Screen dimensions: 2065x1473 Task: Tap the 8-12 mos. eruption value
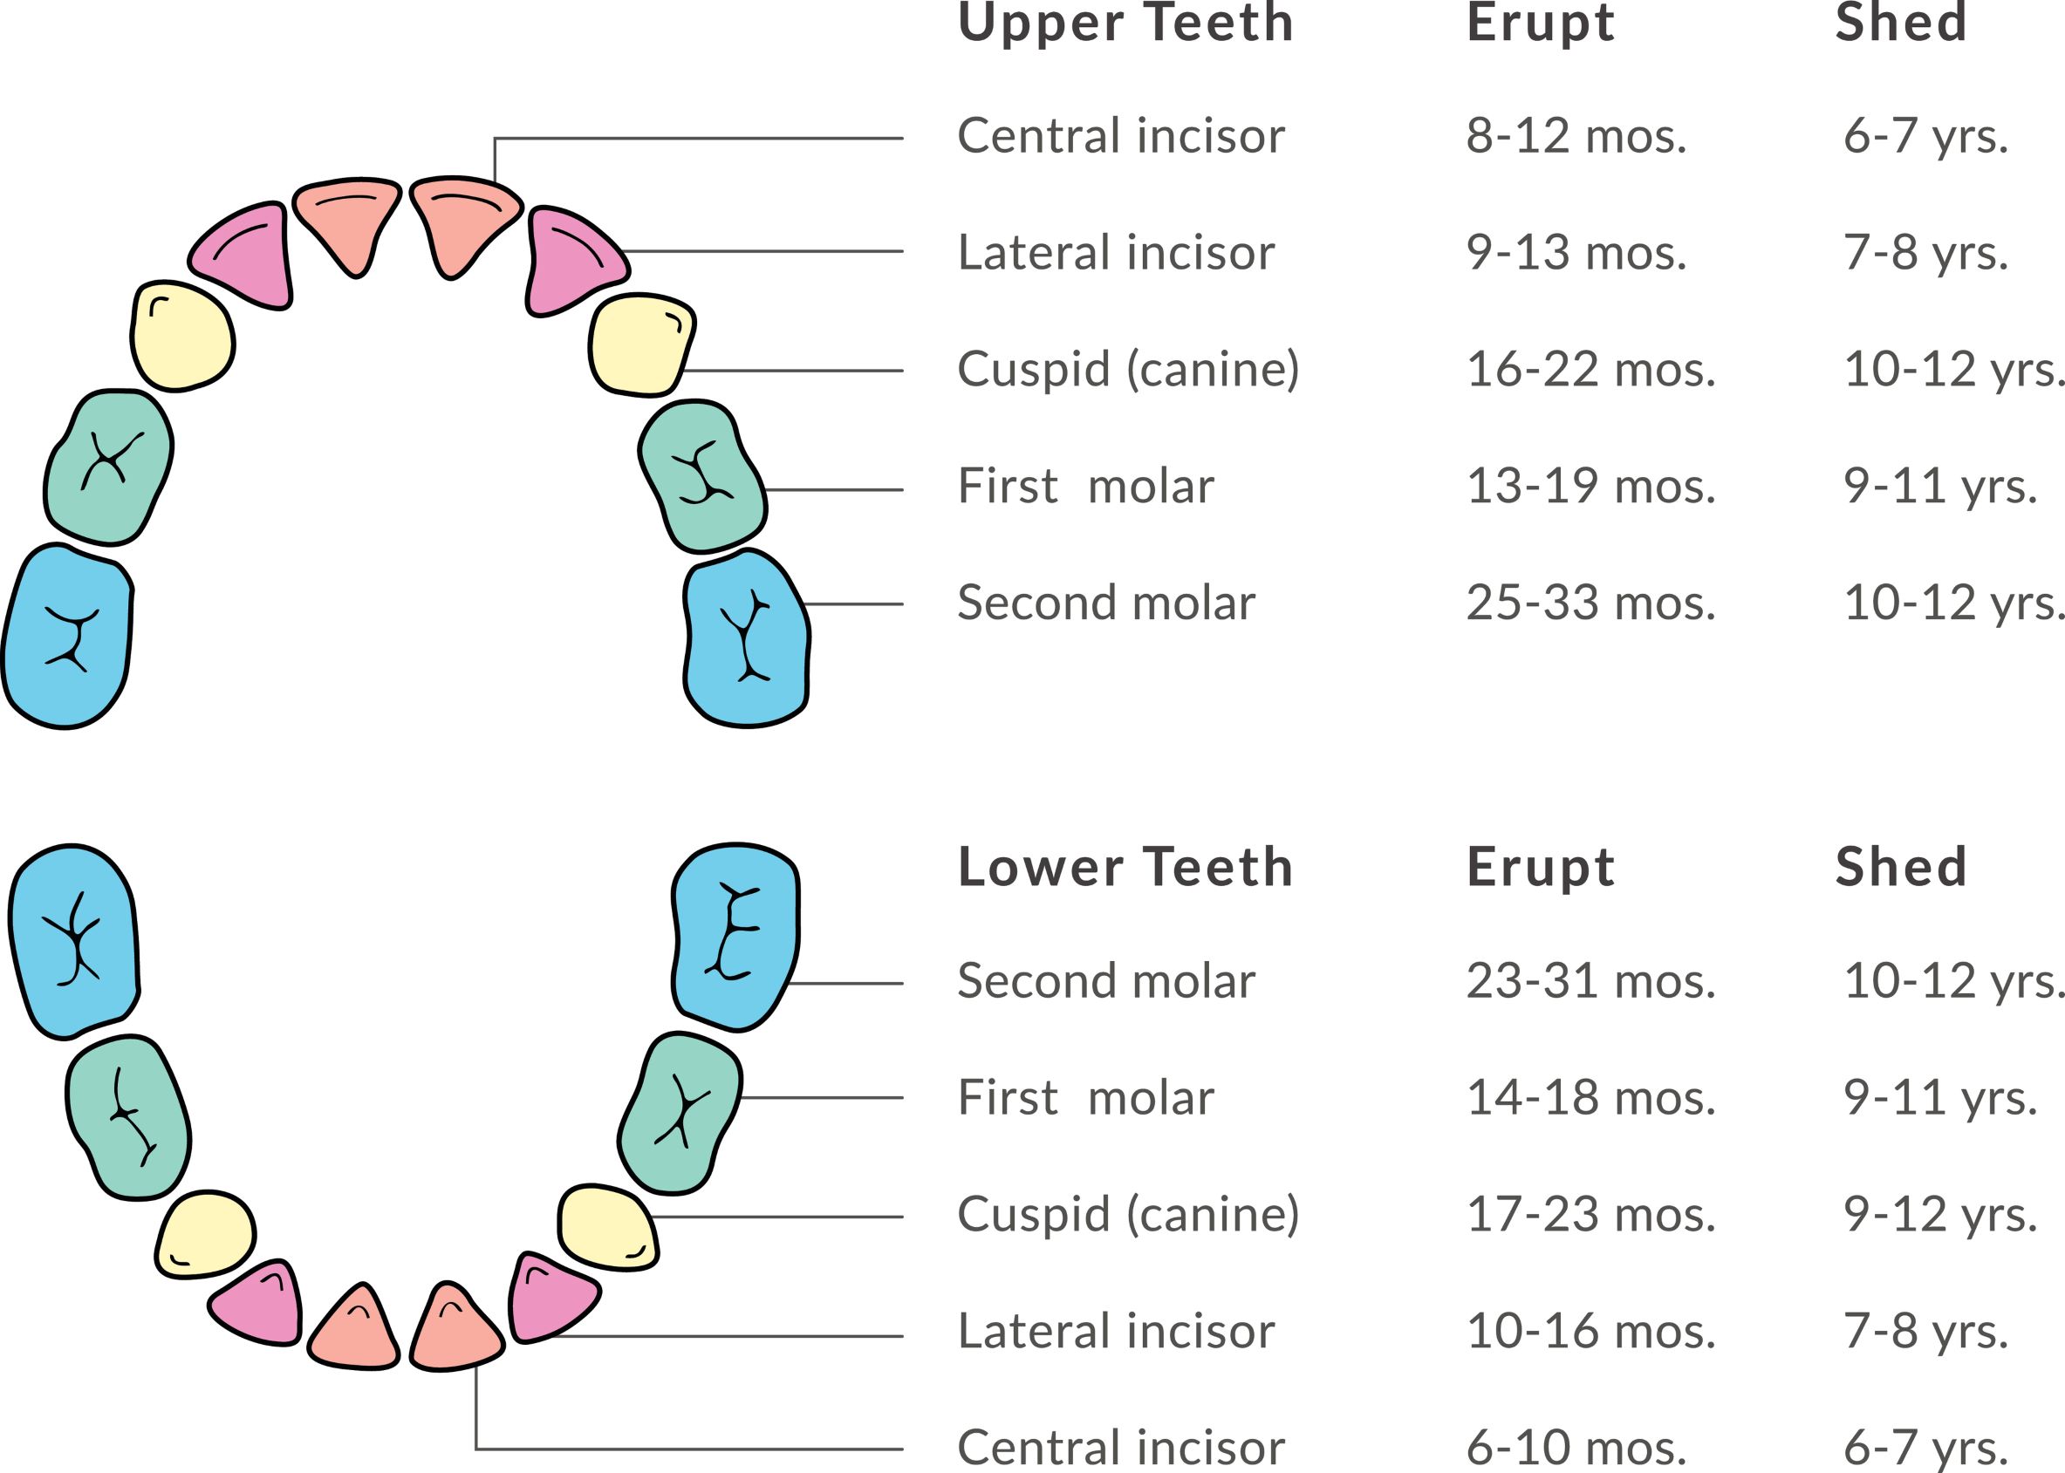tap(1576, 136)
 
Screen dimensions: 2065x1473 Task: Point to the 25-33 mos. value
tap(1591, 603)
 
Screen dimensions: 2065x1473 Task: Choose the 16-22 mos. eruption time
tap(1591, 369)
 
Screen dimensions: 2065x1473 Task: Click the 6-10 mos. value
tap(1576, 1449)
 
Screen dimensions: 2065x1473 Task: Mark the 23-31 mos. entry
tap(1591, 980)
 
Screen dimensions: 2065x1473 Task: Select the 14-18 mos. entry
tap(1591, 1097)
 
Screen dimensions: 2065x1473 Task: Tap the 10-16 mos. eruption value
tap(1591, 1332)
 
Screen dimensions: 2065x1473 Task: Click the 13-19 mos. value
tap(1591, 486)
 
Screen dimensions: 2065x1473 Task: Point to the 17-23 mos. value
tap(1591, 1215)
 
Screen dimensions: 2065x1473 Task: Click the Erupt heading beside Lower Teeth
tap(1541, 868)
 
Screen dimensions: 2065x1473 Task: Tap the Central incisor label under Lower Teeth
tap(1120, 1449)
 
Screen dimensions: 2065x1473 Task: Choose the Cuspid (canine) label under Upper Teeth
tap(1128, 370)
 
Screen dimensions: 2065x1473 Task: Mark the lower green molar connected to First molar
tap(680, 1113)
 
